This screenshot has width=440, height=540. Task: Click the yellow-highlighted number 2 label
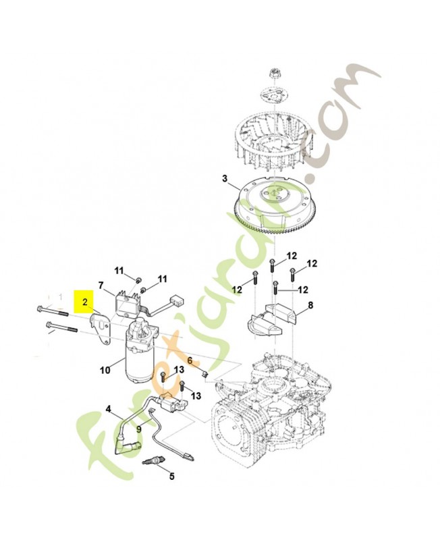(85, 302)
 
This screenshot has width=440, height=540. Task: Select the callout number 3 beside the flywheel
(225, 178)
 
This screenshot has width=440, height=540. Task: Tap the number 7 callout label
(101, 285)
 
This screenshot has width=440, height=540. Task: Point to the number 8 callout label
(311, 305)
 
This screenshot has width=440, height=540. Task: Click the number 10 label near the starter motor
(105, 370)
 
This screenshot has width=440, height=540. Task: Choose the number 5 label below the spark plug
(171, 477)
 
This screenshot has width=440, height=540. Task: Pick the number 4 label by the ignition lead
(109, 410)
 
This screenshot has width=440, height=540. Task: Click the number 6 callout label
(190, 360)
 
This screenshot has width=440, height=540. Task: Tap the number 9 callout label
(139, 429)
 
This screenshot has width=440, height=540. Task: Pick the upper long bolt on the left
(53, 310)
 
